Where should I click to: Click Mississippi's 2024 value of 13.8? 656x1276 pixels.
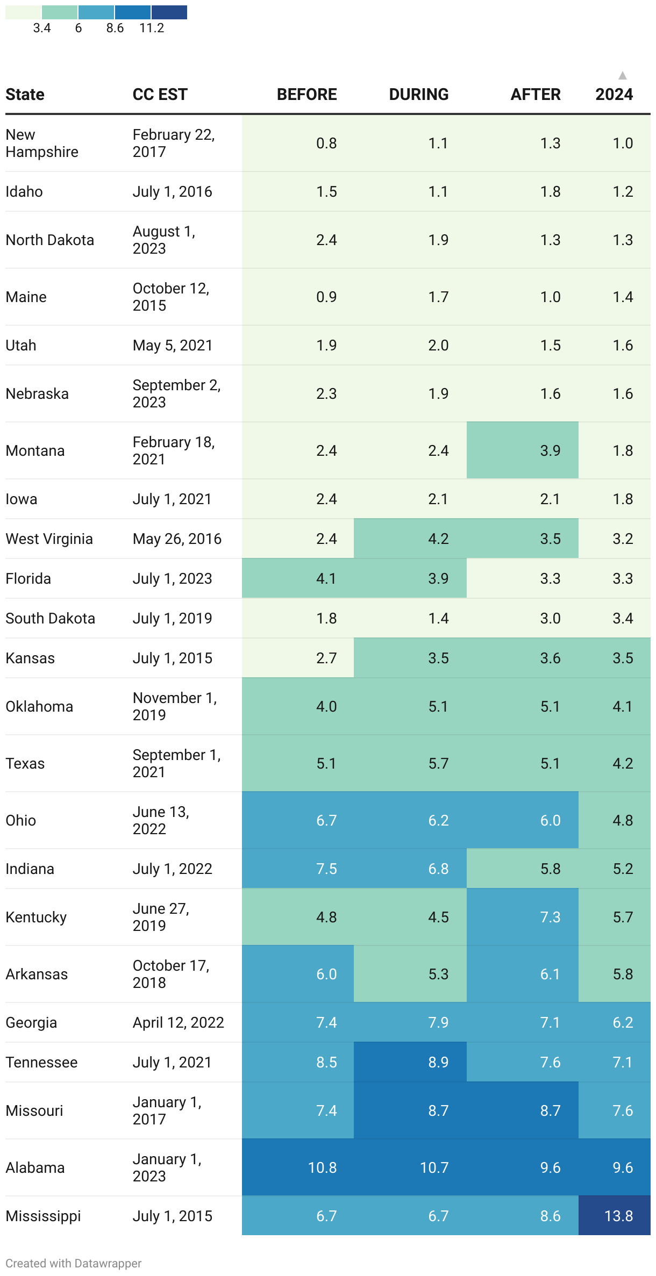[618, 1215]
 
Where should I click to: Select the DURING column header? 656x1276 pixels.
[418, 95]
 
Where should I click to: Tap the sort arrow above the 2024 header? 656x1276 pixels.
[622, 76]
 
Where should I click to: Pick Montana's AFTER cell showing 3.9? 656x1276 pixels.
[550, 450]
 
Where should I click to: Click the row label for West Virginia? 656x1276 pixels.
[49, 539]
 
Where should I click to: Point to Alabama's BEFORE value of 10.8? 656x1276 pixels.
[322, 1167]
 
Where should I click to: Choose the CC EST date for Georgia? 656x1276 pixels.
[178, 1022]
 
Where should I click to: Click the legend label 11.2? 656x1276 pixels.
[152, 28]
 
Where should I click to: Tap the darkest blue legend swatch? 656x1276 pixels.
[169, 12]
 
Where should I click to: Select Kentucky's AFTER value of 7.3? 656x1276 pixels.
[550, 916]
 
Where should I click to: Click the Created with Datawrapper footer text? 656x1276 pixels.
[74, 1263]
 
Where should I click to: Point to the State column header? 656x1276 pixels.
[25, 95]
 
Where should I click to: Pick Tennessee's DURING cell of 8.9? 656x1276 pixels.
[438, 1062]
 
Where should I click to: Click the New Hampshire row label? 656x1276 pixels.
[42, 143]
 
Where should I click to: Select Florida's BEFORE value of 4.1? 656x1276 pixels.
[326, 578]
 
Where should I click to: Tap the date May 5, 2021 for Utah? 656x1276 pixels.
[173, 345]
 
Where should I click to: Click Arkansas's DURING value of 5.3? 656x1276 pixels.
[438, 973]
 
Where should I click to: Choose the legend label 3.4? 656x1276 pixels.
[42, 28]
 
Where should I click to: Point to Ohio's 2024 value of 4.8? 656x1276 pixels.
[623, 820]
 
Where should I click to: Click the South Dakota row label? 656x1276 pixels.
[51, 618]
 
